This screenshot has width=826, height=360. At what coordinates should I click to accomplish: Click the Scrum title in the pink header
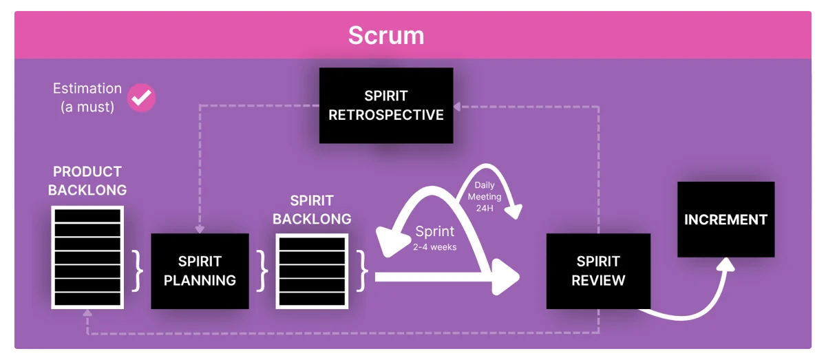click(x=385, y=35)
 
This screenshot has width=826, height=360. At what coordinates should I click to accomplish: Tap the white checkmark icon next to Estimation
click(x=142, y=98)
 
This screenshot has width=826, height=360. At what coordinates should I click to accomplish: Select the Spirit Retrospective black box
click(x=385, y=105)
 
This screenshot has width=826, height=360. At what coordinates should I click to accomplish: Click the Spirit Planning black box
click(x=200, y=271)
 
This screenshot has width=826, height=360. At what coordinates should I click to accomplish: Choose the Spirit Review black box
click(x=597, y=271)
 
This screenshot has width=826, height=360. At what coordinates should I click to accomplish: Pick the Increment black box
click(x=726, y=220)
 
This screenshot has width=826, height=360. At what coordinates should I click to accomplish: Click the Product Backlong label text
click(x=87, y=180)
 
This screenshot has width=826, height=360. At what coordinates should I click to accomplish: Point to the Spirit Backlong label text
click(x=312, y=209)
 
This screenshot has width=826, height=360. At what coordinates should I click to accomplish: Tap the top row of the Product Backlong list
click(x=87, y=215)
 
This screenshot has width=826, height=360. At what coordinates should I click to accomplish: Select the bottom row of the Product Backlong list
click(x=87, y=299)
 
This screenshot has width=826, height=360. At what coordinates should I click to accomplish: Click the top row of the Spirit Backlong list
click(x=311, y=244)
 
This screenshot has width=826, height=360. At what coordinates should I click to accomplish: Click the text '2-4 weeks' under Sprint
click(x=434, y=246)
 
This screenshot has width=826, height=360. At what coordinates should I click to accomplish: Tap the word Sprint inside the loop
click(x=434, y=231)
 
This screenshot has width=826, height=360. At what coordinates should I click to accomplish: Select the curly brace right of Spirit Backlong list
click(x=362, y=271)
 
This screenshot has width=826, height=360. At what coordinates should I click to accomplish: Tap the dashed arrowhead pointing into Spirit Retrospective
click(x=458, y=107)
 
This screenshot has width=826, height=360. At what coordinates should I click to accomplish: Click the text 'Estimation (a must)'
click(x=87, y=97)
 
